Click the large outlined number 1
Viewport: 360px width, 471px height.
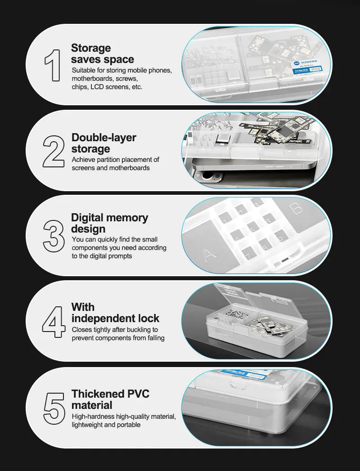pyautogui.click(x=54, y=66)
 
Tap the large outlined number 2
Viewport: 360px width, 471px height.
pyautogui.click(x=54, y=152)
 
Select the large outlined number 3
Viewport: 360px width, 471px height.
pyautogui.click(x=54, y=236)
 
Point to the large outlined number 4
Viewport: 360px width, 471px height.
pyautogui.click(x=54, y=322)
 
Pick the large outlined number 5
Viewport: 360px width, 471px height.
pyautogui.click(x=54, y=408)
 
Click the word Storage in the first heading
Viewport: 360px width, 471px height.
pyautogui.click(x=91, y=48)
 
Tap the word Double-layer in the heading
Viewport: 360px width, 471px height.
pyautogui.click(x=104, y=137)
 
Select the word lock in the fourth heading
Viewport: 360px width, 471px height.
pyautogui.click(x=148, y=318)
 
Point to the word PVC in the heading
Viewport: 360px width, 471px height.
pyautogui.click(x=138, y=394)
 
